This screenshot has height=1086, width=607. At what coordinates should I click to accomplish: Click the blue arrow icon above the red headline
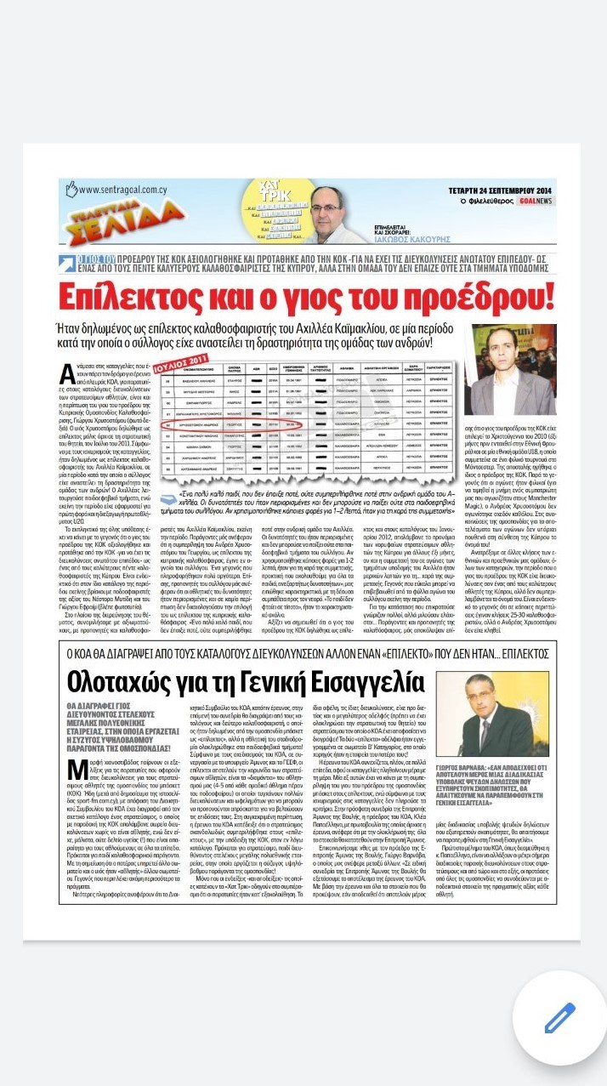[64, 259]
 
